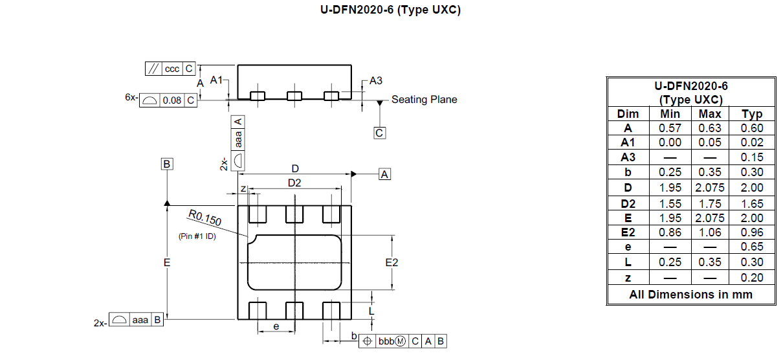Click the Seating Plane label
(424, 99)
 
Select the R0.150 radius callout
(205, 218)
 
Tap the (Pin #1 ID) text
(197, 236)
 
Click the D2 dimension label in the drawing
(294, 183)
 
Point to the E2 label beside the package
(391, 262)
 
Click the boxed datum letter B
(167, 164)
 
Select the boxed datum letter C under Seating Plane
(379, 133)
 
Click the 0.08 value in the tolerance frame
(172, 100)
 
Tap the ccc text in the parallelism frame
(172, 69)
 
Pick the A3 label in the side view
(376, 80)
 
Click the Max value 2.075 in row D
(710, 188)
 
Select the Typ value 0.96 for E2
(752, 232)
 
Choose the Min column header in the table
(670, 114)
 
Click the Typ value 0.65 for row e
(752, 247)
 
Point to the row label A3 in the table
(628, 157)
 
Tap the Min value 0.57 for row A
(670, 128)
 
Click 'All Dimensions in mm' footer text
(690, 295)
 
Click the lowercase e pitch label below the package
(276, 326)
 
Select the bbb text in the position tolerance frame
(386, 341)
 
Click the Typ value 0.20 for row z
(752, 277)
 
